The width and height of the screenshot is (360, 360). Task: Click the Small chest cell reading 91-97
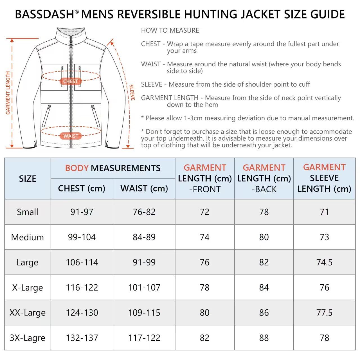point(82,212)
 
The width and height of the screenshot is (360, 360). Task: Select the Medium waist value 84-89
point(144,237)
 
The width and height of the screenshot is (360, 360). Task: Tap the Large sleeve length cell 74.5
point(324,262)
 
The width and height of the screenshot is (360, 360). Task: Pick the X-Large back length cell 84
point(264,287)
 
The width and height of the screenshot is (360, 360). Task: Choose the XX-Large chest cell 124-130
point(82,312)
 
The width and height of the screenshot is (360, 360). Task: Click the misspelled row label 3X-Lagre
point(28,338)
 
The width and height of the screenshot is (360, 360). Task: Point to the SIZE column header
point(28,179)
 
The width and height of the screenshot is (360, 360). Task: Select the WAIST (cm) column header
point(144,188)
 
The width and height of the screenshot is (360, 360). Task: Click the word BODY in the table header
point(76,168)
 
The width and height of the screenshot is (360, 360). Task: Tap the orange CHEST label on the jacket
point(71,81)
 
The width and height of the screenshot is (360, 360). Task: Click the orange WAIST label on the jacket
point(71,136)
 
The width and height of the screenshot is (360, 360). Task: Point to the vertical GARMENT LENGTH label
point(8,93)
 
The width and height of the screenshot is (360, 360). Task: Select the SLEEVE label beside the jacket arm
point(132,93)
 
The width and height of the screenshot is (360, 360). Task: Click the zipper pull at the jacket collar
point(71,42)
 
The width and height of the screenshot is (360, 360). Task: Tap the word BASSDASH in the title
point(44,14)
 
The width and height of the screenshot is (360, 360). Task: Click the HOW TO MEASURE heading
point(170,30)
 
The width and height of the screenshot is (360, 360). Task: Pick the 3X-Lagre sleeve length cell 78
point(324,338)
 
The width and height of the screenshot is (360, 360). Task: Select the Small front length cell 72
point(204,212)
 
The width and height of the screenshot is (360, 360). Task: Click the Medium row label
point(28,237)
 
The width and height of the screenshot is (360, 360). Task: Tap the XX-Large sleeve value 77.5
point(324,312)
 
